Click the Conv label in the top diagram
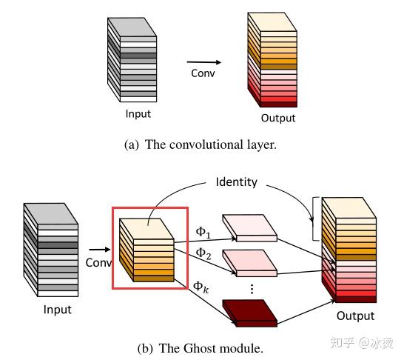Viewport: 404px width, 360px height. click(203, 73)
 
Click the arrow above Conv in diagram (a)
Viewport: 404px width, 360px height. click(203, 62)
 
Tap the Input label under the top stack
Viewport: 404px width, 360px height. click(138, 114)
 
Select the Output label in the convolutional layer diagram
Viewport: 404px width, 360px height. click(277, 119)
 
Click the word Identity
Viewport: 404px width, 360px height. click(236, 181)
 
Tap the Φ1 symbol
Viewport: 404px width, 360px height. click(203, 232)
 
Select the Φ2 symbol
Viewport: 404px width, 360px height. click(203, 253)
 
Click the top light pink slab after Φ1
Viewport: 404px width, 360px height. click(250, 229)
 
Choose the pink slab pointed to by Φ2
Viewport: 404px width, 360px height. click(250, 261)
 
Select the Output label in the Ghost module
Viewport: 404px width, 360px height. click(355, 316)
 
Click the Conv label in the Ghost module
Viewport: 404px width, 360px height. click(98, 262)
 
